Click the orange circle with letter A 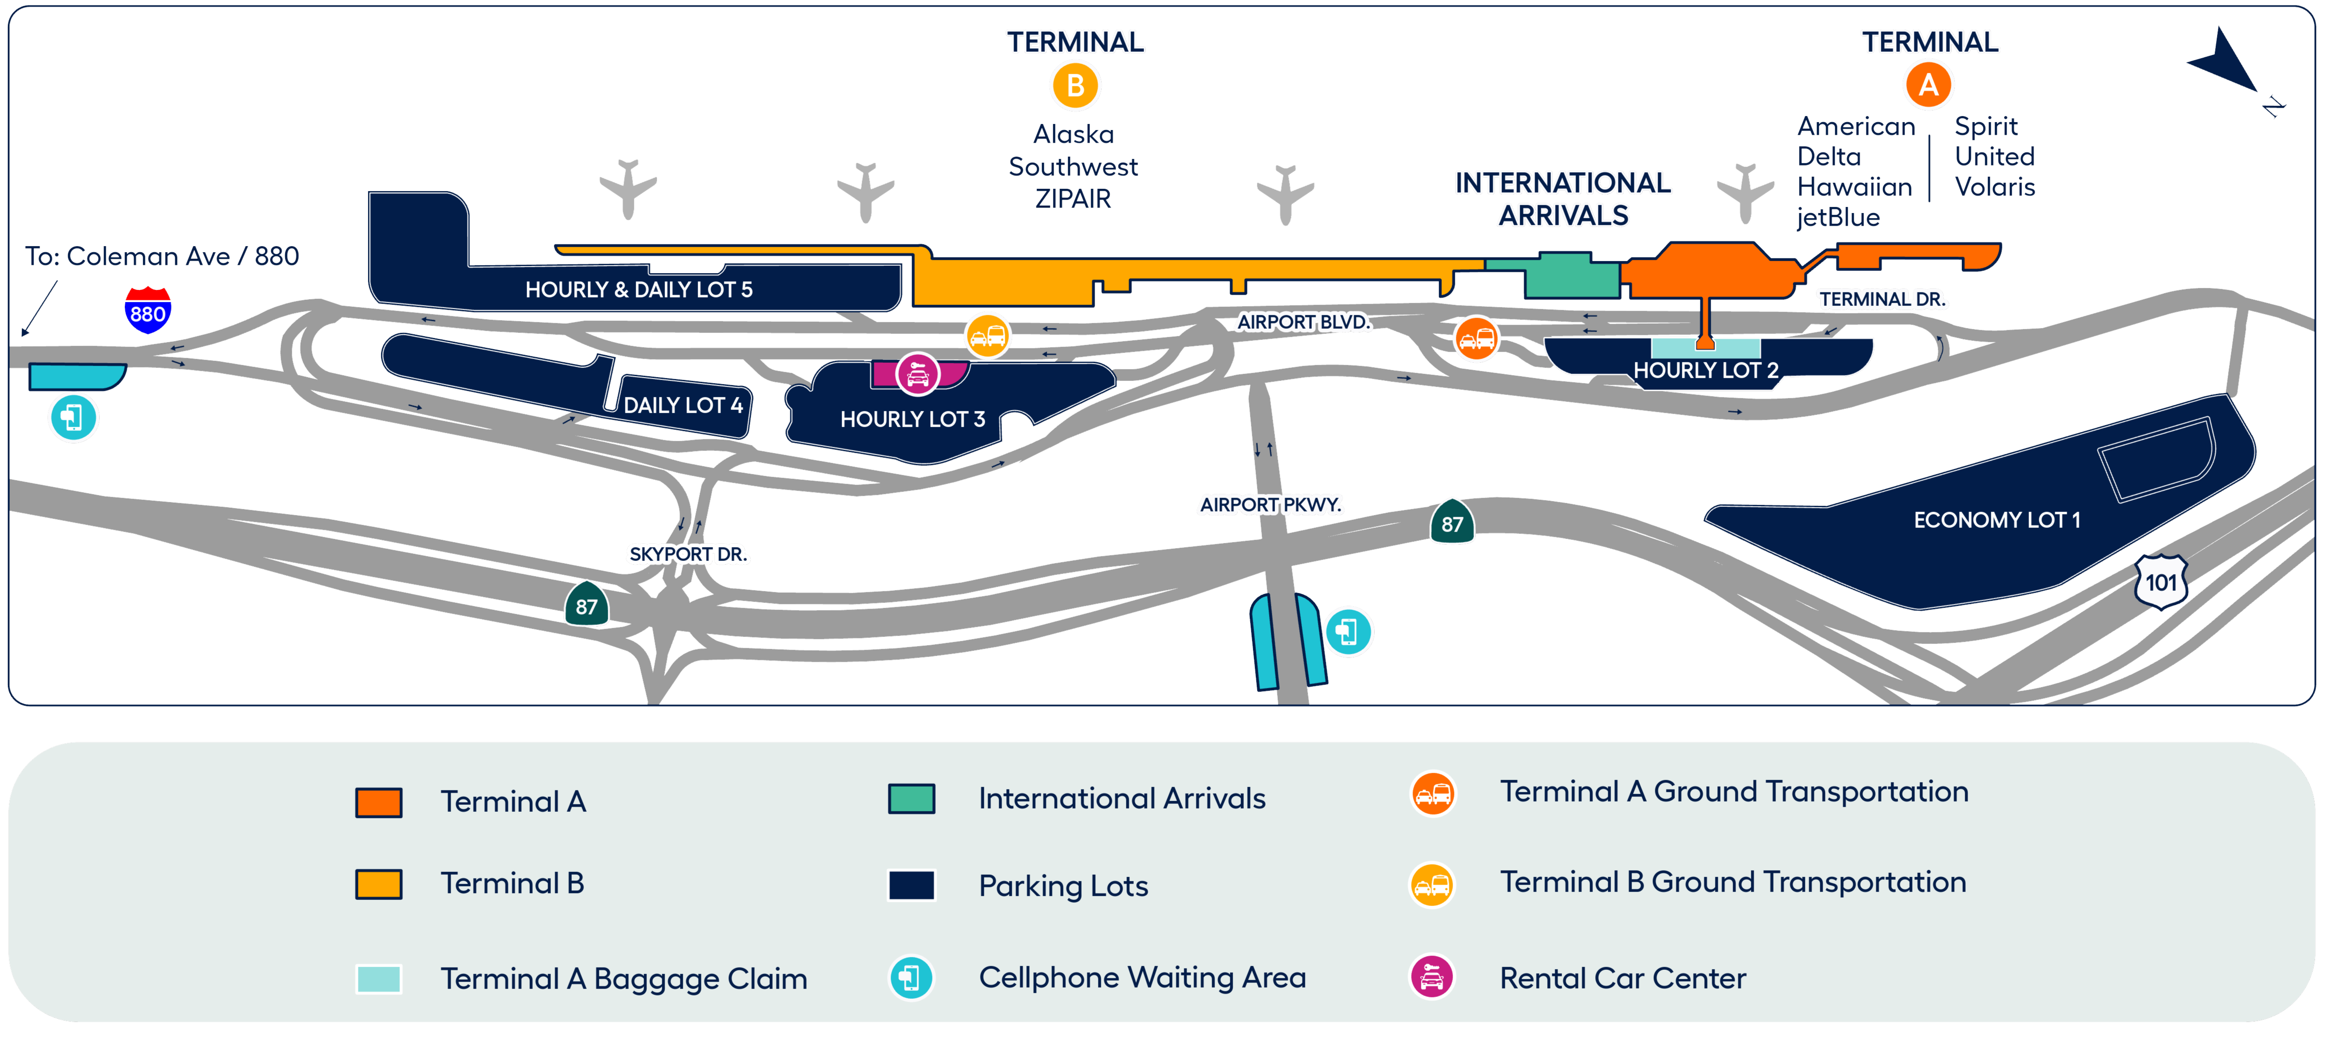point(1928,85)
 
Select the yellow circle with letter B point(1075,86)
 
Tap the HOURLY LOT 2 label point(1705,370)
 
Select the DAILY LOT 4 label point(683,405)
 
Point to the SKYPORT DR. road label point(687,554)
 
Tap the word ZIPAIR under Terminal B point(1073,199)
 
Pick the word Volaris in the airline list point(1994,187)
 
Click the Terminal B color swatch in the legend point(378,884)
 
